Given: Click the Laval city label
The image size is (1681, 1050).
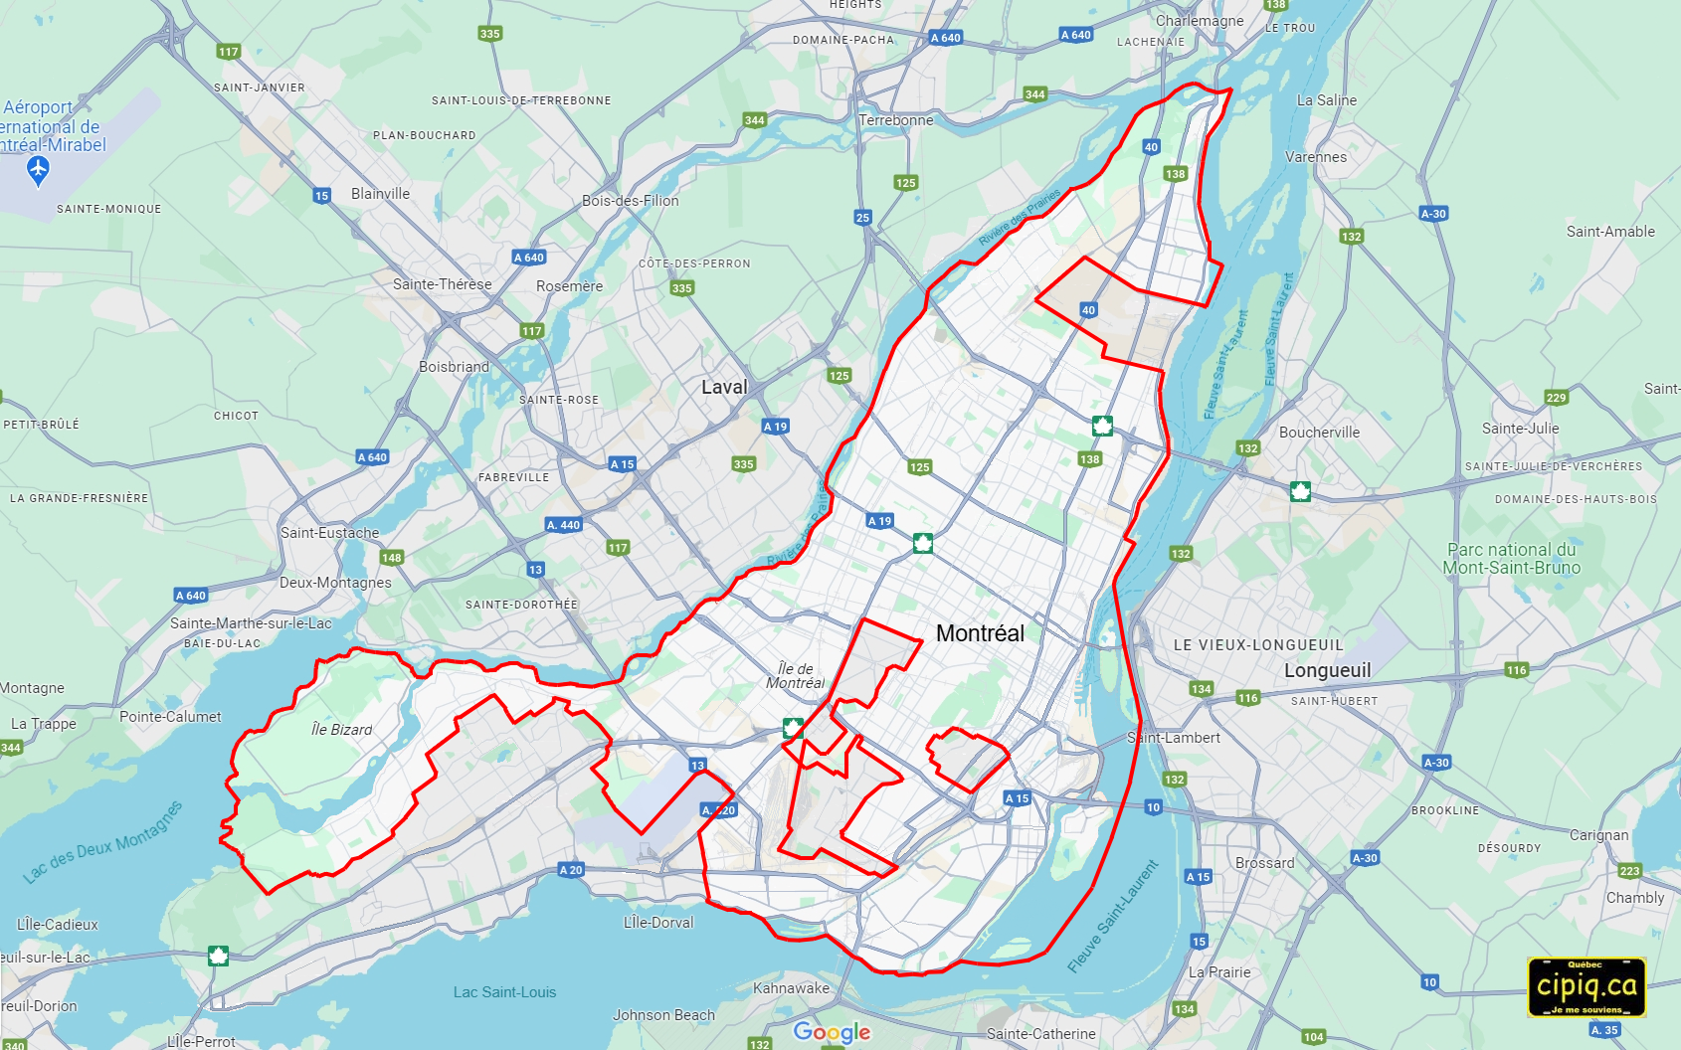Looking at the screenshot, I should point(723,388).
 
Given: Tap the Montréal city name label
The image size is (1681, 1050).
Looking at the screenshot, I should point(980,633).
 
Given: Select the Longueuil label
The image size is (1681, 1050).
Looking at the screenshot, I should point(1327,671).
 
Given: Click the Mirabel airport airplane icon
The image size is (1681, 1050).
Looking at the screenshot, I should point(38,171).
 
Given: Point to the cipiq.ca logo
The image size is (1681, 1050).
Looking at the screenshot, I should point(1587,987).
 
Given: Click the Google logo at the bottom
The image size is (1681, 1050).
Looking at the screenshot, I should point(832,1032).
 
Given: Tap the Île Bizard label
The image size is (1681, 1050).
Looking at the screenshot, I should point(341,730).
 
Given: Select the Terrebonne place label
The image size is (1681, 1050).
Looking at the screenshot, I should point(895,120).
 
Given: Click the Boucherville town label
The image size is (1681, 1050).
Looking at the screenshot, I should point(1319,433).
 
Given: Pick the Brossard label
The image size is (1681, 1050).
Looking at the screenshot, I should point(1264,863).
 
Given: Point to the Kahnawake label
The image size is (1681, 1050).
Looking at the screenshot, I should point(791,988).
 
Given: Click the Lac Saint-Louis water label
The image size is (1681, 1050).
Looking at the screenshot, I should point(504,992).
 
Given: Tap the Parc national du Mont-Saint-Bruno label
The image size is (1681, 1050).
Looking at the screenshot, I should point(1511,559).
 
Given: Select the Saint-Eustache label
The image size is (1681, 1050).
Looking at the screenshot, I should point(329,533).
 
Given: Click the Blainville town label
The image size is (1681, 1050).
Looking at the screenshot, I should point(380,194).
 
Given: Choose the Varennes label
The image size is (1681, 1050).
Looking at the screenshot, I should point(1315,157).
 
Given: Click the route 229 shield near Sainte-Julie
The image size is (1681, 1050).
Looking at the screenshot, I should point(1556,398).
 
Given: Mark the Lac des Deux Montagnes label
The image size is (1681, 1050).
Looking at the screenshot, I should point(103,842).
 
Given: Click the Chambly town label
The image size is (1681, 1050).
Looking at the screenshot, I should point(1634,898).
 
